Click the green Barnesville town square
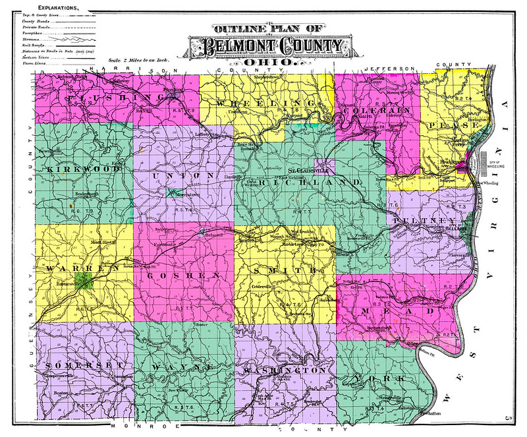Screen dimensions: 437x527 click(x=81, y=283)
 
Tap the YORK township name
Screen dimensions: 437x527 click(x=389, y=378)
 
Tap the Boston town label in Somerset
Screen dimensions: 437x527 click(x=61, y=393)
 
